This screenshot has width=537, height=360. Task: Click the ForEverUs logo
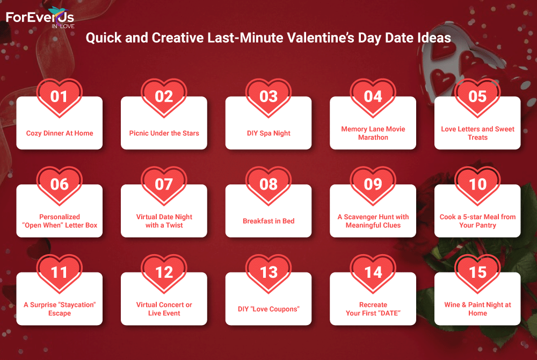point(40,18)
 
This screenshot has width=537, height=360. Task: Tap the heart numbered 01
point(59,98)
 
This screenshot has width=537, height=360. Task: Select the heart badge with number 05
point(477,98)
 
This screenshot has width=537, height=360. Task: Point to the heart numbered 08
point(268,186)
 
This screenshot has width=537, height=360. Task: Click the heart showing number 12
point(164,273)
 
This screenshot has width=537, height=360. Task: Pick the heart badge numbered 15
point(477,273)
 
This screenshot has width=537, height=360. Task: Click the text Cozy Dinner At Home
point(60,133)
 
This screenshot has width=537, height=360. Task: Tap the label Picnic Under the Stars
point(164,133)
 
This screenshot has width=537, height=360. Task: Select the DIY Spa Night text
point(268,133)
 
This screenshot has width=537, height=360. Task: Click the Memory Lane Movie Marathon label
point(373,133)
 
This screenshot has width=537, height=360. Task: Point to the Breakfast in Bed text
point(268,221)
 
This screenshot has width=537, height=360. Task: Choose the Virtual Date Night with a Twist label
point(164,221)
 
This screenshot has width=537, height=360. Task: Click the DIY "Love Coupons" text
point(268,309)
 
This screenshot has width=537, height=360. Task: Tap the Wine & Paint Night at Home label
point(477,309)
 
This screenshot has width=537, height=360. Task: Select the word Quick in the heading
point(104,38)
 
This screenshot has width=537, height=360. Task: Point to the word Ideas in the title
point(434,38)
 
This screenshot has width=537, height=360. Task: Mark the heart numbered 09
point(373,186)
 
